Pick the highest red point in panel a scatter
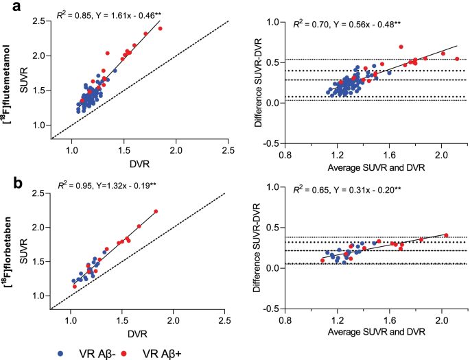point(161,29)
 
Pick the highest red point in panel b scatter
point(156,211)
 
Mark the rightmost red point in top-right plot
point(457,59)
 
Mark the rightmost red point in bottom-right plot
point(447,235)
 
